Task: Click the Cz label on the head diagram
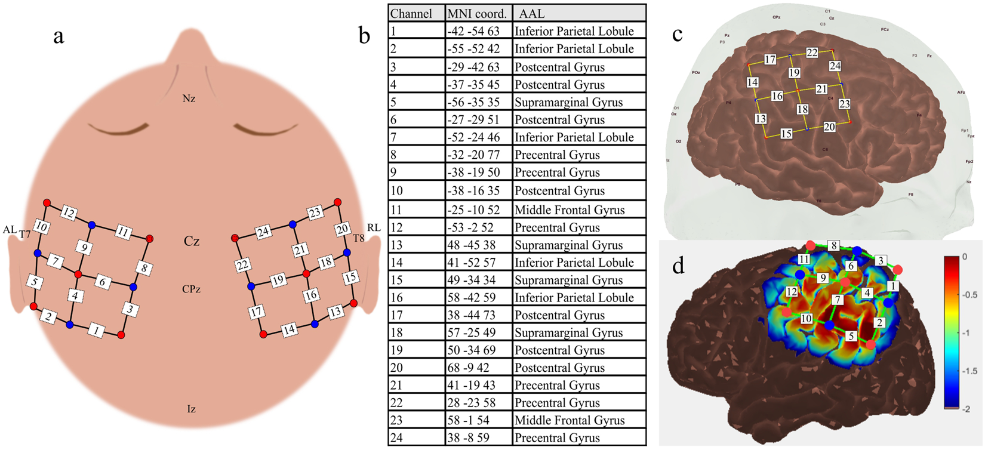(192, 242)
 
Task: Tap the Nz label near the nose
(189, 98)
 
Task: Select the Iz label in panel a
(191, 409)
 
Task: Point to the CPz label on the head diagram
(191, 289)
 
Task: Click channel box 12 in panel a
(69, 212)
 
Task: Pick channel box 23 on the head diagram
(315, 212)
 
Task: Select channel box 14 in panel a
(290, 329)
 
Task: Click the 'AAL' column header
(531, 14)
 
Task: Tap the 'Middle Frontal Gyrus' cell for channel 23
(570, 421)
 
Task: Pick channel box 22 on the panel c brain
(812, 53)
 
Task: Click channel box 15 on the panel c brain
(787, 134)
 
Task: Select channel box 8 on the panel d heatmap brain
(834, 245)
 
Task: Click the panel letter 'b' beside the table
(365, 37)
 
